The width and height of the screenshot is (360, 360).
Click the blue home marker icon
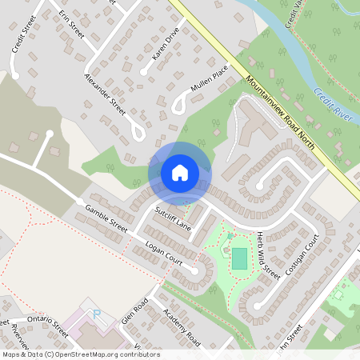(x=180, y=173)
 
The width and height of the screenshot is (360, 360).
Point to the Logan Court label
(x=164, y=253)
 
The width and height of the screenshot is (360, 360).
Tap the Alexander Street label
(x=106, y=94)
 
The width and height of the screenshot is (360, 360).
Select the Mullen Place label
(x=210, y=80)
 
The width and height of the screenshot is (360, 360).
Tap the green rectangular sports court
(x=239, y=258)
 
